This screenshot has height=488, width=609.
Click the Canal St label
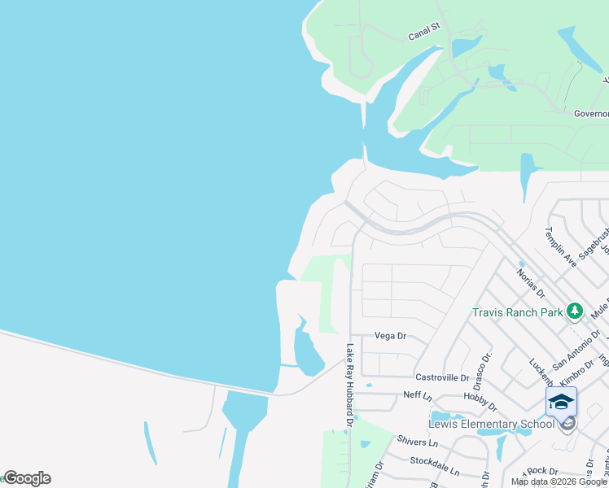423,31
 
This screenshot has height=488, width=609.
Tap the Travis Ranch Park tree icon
575,311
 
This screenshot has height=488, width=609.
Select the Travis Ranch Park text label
519,312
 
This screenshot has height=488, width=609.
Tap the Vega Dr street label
390,335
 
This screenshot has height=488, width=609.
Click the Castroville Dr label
443,377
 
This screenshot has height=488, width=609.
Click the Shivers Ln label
418,443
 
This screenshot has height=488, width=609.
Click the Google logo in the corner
27,478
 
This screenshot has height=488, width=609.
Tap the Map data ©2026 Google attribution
559,481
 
